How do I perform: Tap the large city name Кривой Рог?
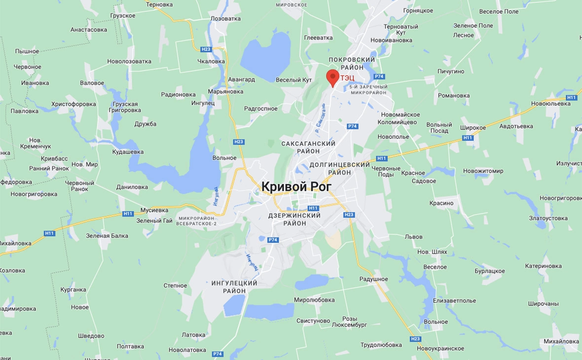[296, 186]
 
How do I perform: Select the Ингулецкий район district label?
[234, 287]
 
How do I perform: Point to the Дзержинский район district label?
[294, 219]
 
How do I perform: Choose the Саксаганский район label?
[308, 147]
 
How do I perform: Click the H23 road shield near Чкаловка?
[206, 49]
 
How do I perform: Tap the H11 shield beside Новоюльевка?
[571, 98]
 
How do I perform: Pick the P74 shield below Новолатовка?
[218, 354]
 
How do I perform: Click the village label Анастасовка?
[89, 30]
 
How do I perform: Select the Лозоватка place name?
[225, 18]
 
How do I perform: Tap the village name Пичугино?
[451, 72]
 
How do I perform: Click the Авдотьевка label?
[516, 126]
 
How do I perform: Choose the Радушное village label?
[373, 279]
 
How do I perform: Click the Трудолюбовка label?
[381, 345]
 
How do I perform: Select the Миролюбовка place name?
[314, 300]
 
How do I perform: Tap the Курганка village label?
[73, 289]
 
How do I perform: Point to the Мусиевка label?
[154, 210]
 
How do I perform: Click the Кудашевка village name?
[128, 152]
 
